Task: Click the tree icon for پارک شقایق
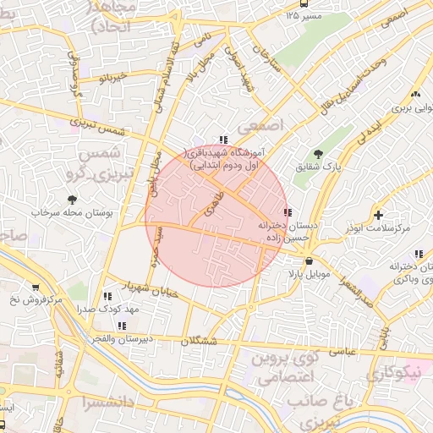[318, 154]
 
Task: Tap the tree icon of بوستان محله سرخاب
[72, 200]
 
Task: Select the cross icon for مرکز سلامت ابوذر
[378, 215]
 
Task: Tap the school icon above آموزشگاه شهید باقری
[222, 140]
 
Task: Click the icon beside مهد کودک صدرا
[107, 296]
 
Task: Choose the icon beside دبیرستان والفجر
[123, 325]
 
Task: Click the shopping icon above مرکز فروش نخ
[35, 287]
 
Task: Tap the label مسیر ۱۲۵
[304, 16]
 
